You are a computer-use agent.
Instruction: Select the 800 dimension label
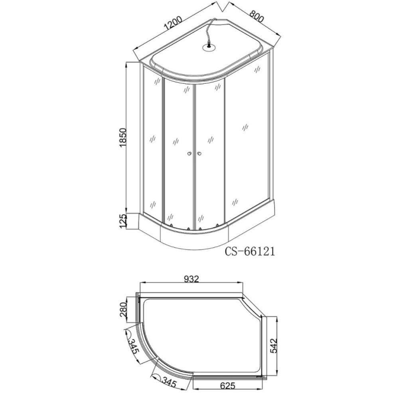point(257,17)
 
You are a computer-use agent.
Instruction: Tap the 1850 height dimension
point(122,137)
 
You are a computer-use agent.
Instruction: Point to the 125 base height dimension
point(122,221)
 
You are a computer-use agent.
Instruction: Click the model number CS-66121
point(250,251)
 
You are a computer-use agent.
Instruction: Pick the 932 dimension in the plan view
point(192,279)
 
